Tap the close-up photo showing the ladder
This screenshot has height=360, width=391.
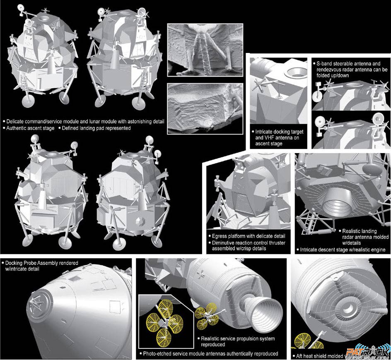tap(205, 50)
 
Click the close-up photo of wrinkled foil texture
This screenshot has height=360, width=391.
tap(205, 109)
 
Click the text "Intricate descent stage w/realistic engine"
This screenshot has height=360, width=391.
tap(343, 250)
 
